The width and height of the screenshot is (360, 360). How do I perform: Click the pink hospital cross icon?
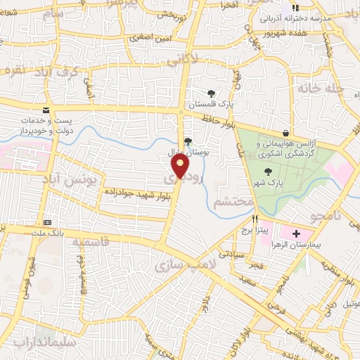point(295,233)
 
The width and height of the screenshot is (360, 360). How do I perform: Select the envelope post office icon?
point(46,110)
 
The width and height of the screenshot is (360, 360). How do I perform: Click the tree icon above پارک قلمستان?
point(210,93)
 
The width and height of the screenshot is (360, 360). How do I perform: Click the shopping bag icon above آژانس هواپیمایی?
point(285,133)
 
